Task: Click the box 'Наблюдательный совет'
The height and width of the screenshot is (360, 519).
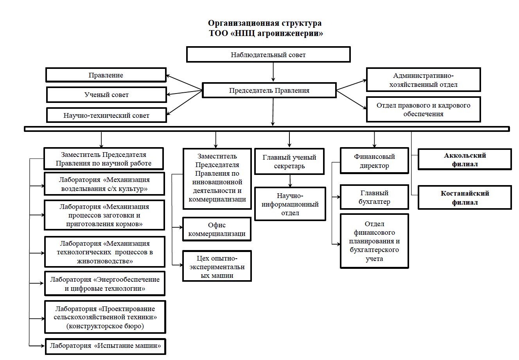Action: coord(268,54)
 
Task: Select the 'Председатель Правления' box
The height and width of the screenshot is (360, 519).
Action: coord(269,90)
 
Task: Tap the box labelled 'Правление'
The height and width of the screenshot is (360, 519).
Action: coord(106,75)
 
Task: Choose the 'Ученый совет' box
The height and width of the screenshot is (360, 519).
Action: coord(106,95)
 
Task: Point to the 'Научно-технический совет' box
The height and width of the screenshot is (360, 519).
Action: coord(106,115)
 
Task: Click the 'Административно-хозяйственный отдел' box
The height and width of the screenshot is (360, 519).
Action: coord(423,80)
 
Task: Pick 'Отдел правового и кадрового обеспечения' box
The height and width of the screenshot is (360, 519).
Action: coord(423,110)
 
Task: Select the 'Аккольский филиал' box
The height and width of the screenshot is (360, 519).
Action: coord(465,160)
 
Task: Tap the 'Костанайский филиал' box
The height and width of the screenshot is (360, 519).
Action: coord(465,198)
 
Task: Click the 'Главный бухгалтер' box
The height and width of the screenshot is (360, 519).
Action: coord(374,197)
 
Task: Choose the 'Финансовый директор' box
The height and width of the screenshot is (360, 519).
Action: coord(374,161)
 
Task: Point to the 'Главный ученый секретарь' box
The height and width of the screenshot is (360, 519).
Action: coord(289,161)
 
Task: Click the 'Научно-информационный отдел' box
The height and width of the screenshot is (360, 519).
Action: coord(290,204)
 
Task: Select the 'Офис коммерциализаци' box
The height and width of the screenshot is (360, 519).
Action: coord(217,229)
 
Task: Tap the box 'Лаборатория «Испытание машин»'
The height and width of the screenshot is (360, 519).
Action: coord(106,346)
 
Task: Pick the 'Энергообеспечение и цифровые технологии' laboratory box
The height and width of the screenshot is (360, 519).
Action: coord(105,284)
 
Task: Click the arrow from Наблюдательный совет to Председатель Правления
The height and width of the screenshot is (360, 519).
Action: coord(273,72)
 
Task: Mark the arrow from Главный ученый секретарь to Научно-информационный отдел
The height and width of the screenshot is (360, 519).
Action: coord(290,181)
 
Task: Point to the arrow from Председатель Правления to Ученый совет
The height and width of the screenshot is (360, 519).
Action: coord(185,92)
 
